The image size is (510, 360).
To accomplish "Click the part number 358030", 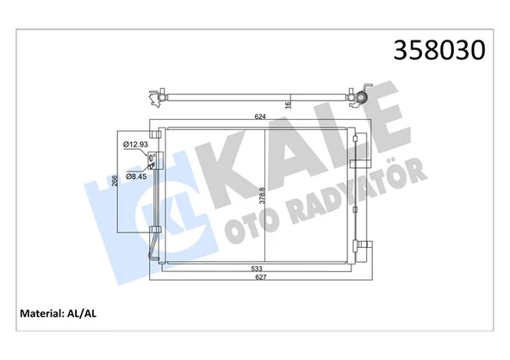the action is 439,51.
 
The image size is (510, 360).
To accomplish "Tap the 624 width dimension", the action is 260,116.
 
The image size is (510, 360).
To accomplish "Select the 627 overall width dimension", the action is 260,277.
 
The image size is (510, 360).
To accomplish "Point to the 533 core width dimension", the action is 257,269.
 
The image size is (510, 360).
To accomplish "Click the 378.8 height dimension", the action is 262,196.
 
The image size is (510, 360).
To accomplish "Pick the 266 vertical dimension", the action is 115,180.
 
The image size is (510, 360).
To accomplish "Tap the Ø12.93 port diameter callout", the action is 135,145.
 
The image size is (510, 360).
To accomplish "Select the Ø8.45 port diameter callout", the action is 136,177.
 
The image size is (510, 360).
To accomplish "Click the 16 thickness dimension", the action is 287,105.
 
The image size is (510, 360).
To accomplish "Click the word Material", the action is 41,313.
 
